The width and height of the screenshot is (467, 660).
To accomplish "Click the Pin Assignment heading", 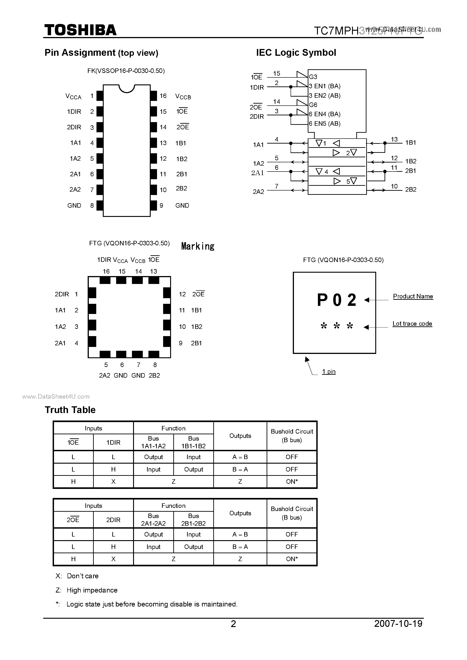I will tap(101, 53).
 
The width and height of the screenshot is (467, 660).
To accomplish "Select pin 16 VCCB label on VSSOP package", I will tap(183, 97).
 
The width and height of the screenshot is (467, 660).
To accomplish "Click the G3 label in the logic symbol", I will tap(313, 77).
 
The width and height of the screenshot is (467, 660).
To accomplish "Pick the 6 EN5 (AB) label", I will tap(325, 124).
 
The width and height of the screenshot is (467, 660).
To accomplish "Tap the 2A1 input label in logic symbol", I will tap(258, 173).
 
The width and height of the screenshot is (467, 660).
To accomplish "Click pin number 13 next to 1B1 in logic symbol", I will tap(394, 139).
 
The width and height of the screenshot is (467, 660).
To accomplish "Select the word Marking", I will tap(198, 246).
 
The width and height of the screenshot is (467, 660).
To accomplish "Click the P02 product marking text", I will tap(337, 300).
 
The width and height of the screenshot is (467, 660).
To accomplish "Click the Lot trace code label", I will tap(412, 324).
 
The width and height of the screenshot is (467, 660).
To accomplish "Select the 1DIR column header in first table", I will tap(113, 442).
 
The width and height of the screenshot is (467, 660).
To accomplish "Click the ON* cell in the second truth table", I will tap(292, 559).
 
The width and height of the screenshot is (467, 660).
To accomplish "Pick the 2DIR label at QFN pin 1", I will tap(62, 294).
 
